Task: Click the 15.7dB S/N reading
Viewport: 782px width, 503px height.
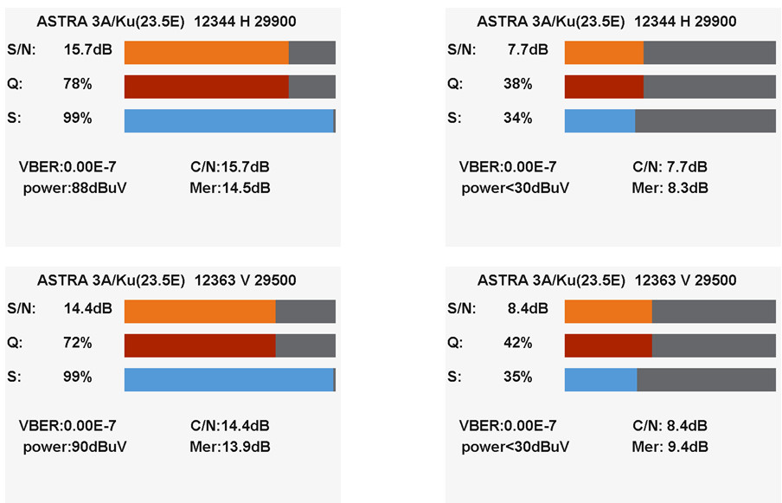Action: [84, 50]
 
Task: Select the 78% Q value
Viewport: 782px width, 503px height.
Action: [77, 85]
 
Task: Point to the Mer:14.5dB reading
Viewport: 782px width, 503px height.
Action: [229, 187]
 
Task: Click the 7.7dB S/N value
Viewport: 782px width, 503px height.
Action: [528, 50]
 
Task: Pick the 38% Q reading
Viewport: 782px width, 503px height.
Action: [517, 85]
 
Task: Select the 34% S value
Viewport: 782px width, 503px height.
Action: [517, 119]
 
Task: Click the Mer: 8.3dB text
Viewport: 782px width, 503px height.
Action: [670, 187]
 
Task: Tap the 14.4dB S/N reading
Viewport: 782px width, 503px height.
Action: [84, 309]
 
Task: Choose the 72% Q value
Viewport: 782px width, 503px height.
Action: [77, 343]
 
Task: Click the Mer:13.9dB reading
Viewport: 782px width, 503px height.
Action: [229, 447]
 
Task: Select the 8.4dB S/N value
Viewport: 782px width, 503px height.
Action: [528, 309]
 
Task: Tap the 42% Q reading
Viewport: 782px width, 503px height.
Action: [517, 343]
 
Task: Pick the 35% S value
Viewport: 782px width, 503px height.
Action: [517, 377]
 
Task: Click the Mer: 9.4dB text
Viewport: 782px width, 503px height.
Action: [670, 447]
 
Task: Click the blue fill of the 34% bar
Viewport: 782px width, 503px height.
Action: [599, 120]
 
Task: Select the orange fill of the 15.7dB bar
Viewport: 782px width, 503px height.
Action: [206, 53]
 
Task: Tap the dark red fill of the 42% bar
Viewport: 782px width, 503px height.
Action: [607, 345]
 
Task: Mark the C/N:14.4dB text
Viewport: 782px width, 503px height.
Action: [229, 425]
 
